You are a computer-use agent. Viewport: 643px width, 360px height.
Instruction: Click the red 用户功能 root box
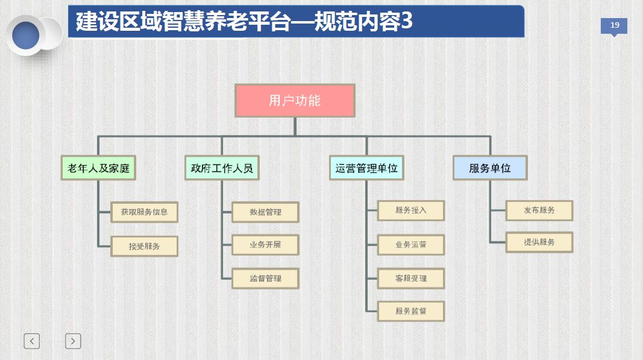pyautogui.click(x=295, y=101)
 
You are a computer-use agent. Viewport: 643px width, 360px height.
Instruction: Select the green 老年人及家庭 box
pyautogui.click(x=98, y=168)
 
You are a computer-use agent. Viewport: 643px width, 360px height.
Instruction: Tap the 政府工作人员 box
pyautogui.click(x=222, y=168)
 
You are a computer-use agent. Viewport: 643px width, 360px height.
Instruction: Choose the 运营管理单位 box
pyautogui.click(x=366, y=168)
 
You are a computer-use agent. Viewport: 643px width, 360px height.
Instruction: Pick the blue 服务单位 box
pyautogui.click(x=490, y=168)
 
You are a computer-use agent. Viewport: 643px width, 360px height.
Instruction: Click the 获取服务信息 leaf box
pyautogui.click(x=145, y=212)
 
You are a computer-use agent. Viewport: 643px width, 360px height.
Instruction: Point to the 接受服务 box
pyautogui.click(x=145, y=246)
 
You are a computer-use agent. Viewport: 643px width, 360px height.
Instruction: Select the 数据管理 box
pyautogui.click(x=265, y=212)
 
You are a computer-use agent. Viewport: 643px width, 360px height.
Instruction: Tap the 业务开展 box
pyautogui.click(x=265, y=245)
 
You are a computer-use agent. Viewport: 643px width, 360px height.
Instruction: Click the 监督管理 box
pyautogui.click(x=265, y=279)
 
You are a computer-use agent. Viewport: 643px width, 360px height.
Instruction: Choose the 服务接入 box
pyautogui.click(x=411, y=210)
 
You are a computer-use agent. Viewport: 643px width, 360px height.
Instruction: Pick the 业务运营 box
pyautogui.click(x=411, y=245)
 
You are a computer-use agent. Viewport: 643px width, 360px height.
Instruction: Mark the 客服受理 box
pyautogui.click(x=411, y=279)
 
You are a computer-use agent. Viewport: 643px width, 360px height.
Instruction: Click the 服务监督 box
pyautogui.click(x=411, y=311)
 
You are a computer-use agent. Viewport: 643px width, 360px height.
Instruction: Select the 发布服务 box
pyautogui.click(x=539, y=210)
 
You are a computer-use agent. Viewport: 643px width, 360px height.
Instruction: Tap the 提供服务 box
pyautogui.click(x=539, y=242)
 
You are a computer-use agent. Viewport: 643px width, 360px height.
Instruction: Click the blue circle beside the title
pyautogui.click(x=25, y=36)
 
